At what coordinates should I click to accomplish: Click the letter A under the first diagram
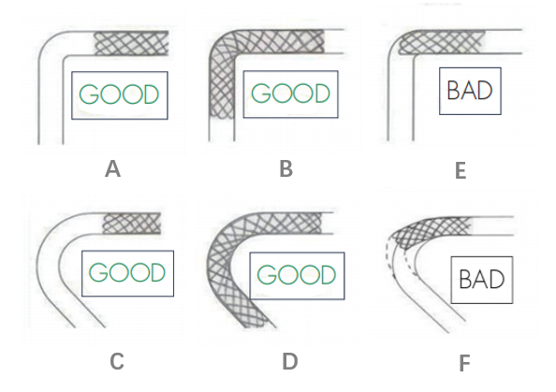(x=112, y=169)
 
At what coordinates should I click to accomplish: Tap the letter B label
(x=286, y=168)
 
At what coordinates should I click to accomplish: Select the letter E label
(x=461, y=171)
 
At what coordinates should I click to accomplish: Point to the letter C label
(x=117, y=361)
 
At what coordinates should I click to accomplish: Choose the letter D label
(x=290, y=361)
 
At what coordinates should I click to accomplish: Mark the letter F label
(x=464, y=363)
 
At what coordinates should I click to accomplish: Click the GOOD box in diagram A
(x=120, y=95)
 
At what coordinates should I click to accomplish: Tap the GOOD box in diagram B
(x=290, y=94)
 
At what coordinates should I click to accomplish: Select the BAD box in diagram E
(x=470, y=91)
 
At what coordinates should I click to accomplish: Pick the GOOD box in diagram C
(x=127, y=273)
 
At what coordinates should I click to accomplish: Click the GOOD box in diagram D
(x=297, y=276)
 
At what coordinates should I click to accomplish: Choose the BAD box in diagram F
(x=482, y=280)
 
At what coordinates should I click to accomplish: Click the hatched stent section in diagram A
(x=131, y=43)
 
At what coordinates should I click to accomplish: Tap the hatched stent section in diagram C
(x=132, y=224)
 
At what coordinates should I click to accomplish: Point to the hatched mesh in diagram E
(x=441, y=42)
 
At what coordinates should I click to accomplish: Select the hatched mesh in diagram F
(x=431, y=229)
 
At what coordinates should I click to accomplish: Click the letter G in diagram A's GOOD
(x=89, y=94)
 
